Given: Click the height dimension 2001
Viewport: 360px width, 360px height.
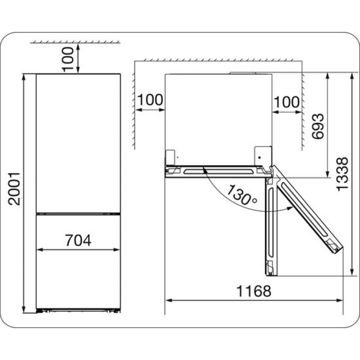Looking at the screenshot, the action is tap(14, 189).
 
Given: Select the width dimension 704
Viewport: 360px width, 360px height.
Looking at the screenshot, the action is tap(78, 240).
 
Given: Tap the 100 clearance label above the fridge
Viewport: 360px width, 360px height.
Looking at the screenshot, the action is tap(68, 59).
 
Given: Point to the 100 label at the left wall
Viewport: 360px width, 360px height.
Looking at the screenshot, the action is tap(150, 100).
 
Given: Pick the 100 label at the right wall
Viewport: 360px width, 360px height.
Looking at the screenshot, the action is tap(287, 102).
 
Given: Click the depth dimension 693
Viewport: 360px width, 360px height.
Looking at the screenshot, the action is tap(318, 126).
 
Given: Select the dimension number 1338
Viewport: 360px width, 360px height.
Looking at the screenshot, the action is tap(342, 174).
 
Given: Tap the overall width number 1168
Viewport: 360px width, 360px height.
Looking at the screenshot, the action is tap(254, 291).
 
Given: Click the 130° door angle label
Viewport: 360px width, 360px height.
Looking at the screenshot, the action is tap(242, 195).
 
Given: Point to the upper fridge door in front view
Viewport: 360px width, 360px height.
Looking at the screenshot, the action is tap(78, 143).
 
